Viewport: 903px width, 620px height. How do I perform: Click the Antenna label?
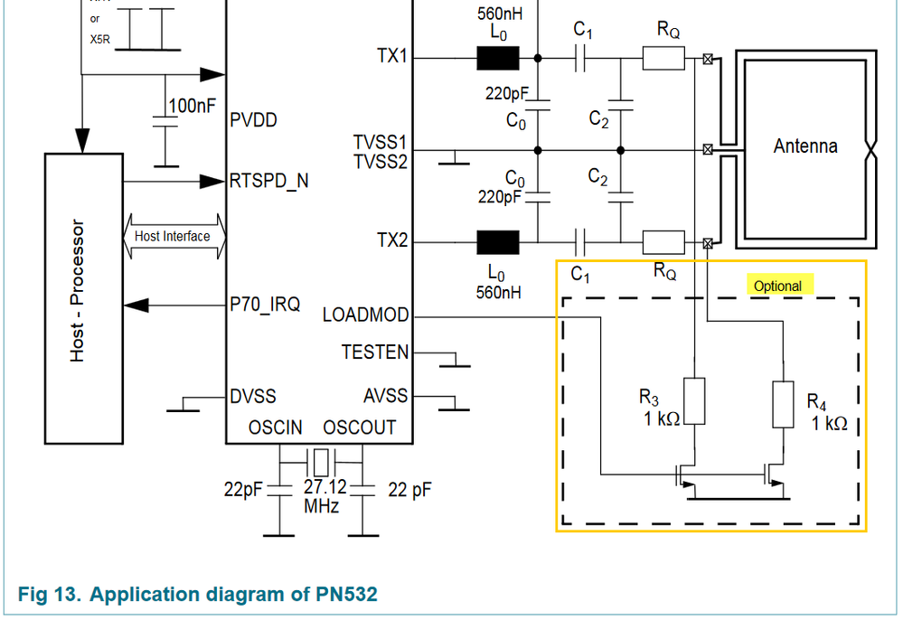805,146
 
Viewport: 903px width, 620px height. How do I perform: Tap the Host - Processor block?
83,298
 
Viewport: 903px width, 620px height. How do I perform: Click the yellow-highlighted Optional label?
777,286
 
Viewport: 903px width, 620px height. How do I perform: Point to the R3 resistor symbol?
693,400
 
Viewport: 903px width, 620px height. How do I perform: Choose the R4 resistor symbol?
784,404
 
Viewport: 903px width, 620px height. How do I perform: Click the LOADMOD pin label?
365,316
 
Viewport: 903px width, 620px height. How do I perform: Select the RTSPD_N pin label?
268,181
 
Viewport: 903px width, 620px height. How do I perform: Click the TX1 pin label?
392,57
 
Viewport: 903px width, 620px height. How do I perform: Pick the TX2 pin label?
392,241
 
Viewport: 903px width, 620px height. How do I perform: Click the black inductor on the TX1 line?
498,59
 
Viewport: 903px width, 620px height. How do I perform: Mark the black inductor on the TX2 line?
498,242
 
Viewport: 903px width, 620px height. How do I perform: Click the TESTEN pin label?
374,352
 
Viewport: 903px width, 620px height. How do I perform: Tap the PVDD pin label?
253,119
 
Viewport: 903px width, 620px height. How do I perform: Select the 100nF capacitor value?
193,106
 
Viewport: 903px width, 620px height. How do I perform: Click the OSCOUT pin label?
360,427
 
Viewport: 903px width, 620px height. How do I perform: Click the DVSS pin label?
253,396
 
